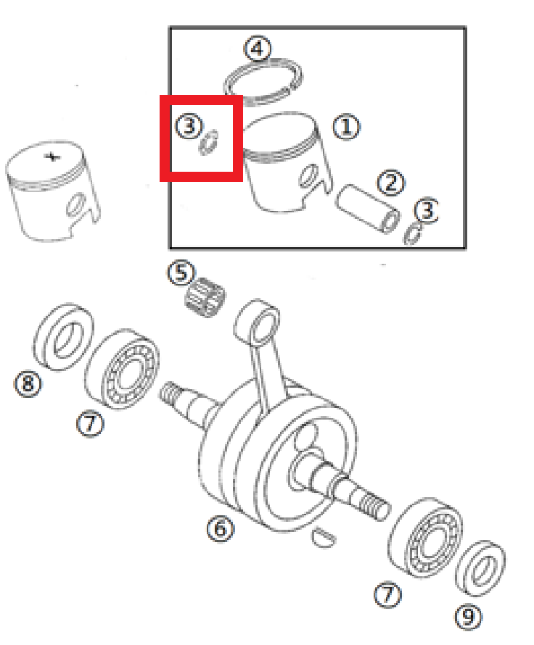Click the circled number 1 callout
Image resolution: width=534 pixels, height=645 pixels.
click(x=346, y=128)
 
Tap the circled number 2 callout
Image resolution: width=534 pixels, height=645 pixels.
click(x=391, y=182)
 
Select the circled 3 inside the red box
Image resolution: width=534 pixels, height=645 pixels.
click(x=188, y=128)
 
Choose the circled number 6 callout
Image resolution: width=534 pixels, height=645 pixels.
click(x=220, y=530)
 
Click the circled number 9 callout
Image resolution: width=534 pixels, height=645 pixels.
click(x=468, y=617)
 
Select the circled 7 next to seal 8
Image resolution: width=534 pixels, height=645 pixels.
click(x=90, y=424)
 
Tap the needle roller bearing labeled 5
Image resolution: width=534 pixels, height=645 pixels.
click(x=205, y=298)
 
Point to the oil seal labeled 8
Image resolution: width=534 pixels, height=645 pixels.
click(x=65, y=336)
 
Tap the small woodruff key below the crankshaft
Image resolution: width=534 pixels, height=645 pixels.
click(x=324, y=536)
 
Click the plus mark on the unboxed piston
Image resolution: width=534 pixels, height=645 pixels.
click(x=52, y=157)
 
